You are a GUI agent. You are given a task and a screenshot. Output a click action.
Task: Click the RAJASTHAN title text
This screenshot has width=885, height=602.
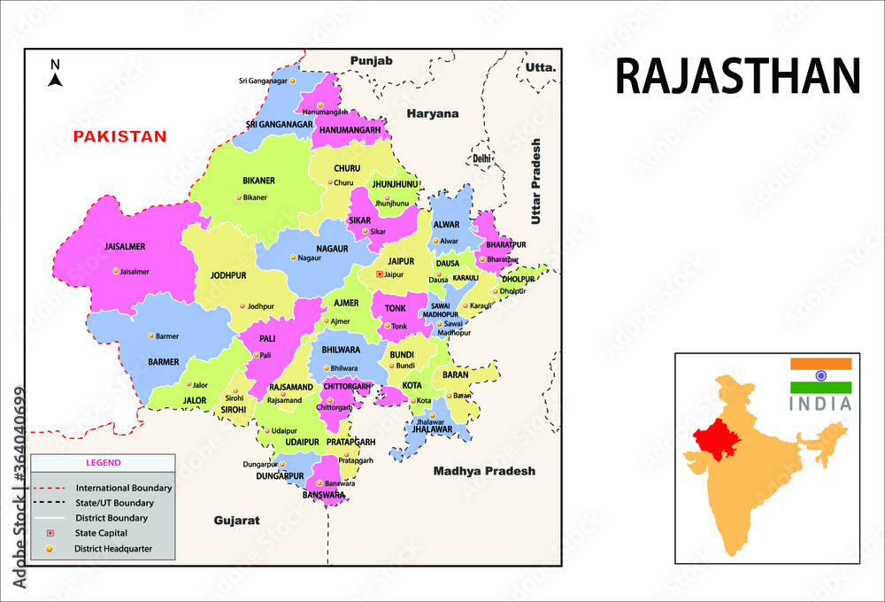click(737, 76)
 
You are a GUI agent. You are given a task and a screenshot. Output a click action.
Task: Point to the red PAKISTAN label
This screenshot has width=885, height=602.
click(119, 136)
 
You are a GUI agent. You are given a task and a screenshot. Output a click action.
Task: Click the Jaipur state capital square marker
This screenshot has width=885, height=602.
click(380, 274)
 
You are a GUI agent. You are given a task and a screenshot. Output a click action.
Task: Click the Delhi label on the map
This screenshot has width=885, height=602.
click(481, 158)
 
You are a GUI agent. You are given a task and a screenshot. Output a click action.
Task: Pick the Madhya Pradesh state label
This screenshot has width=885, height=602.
click(484, 471)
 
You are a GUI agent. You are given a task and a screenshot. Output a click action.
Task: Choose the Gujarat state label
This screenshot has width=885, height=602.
click(236, 521)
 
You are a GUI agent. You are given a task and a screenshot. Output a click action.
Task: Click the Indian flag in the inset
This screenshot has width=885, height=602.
click(820, 375)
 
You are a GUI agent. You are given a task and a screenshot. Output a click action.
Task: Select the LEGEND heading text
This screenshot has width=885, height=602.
click(103, 462)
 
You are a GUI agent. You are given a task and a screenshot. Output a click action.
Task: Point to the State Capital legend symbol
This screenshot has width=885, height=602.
click(50, 533)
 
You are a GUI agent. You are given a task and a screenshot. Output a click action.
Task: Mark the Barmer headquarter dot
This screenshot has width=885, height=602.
click(151, 336)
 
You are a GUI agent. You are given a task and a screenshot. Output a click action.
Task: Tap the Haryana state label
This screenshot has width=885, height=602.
click(433, 113)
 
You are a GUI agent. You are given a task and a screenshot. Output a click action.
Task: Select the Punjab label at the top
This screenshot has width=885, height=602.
click(371, 60)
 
